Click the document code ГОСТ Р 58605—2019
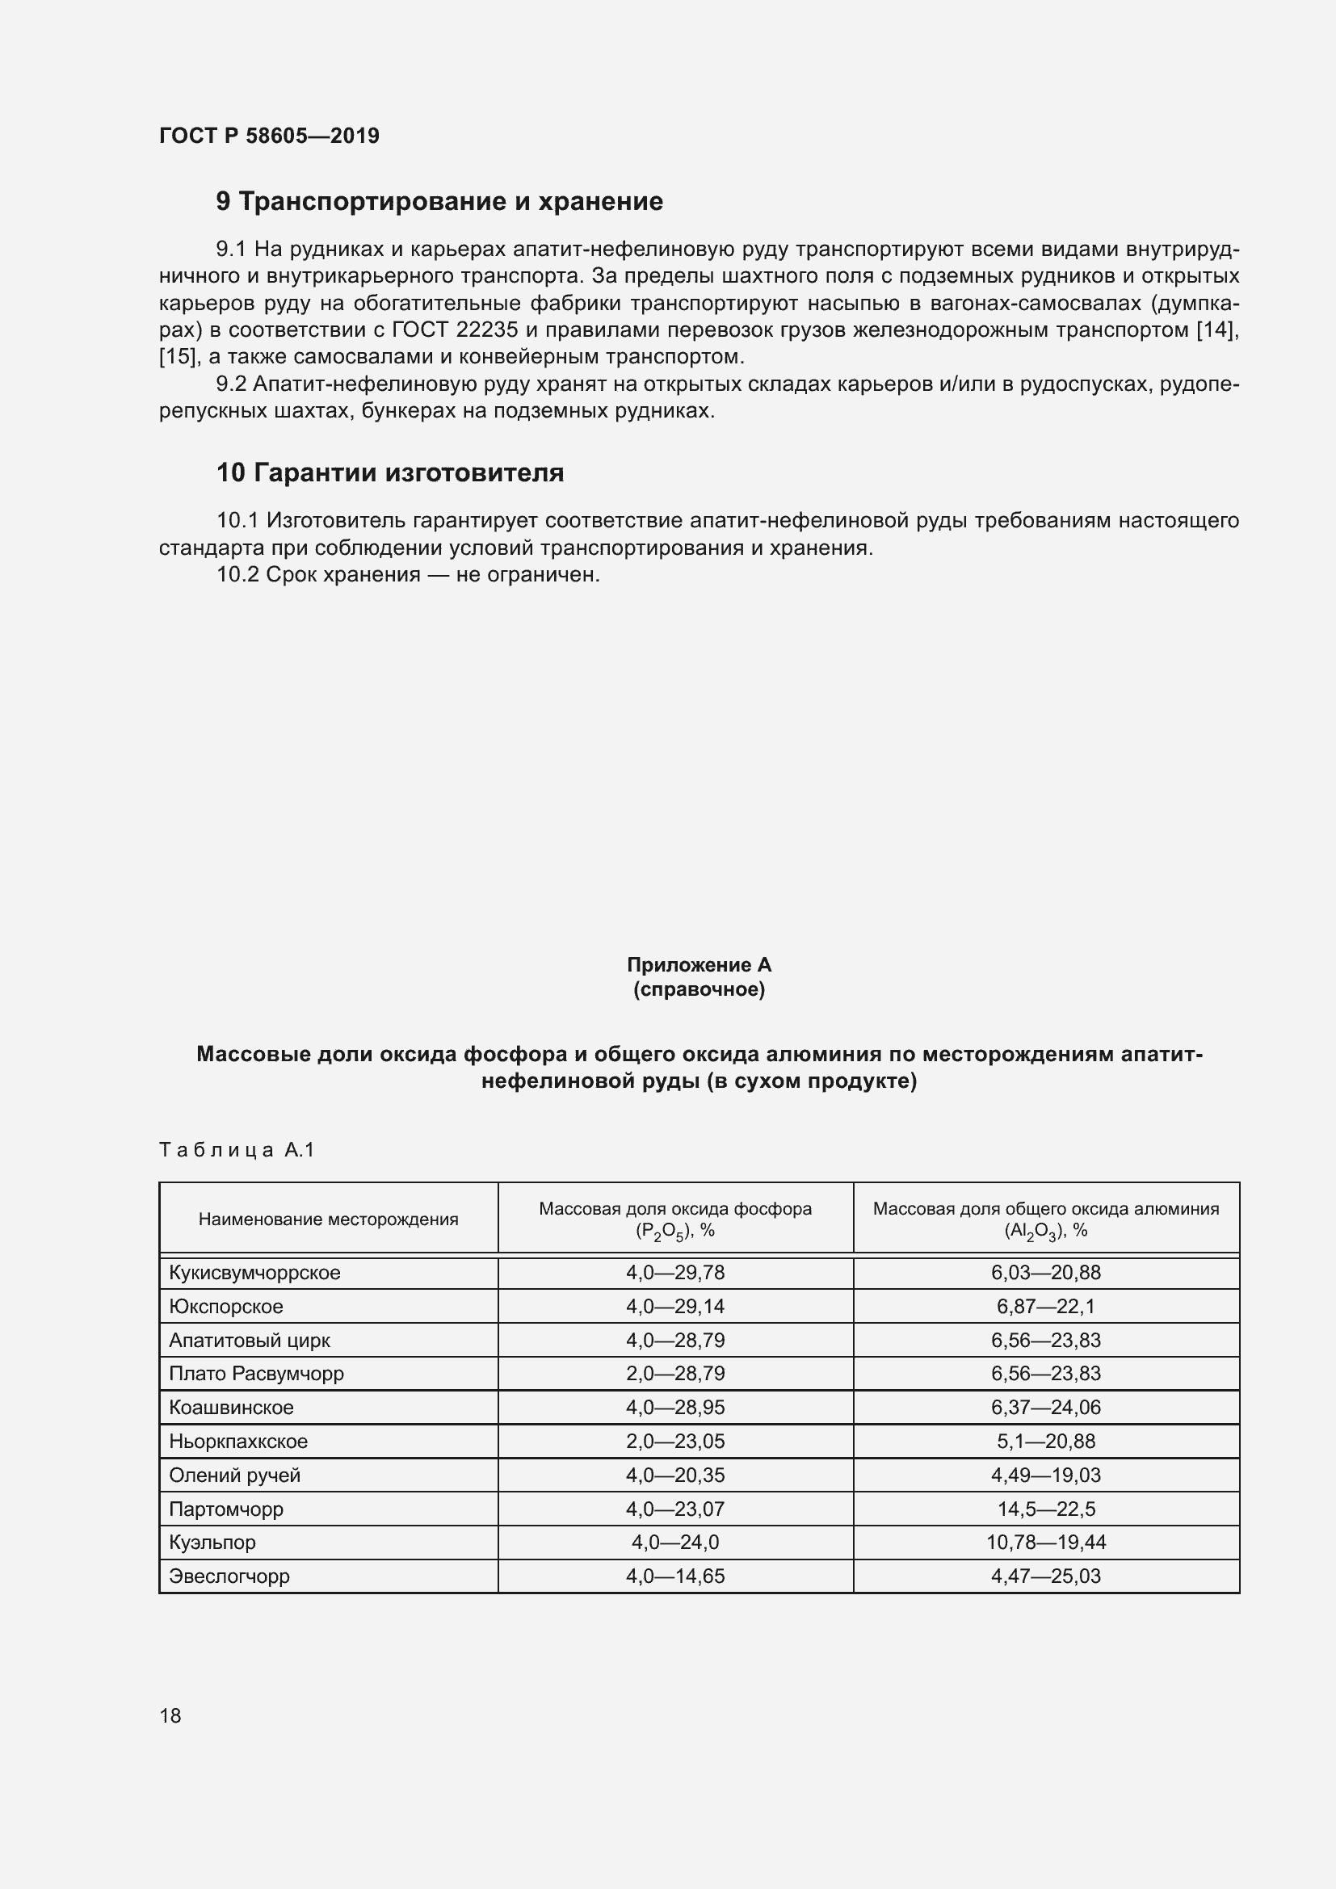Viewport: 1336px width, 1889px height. click(269, 136)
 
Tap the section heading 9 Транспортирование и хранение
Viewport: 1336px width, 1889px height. click(439, 202)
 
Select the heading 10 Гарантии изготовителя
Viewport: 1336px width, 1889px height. click(390, 473)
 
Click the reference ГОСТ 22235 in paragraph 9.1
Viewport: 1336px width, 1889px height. click(454, 331)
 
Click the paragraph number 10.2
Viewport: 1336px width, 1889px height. click(237, 575)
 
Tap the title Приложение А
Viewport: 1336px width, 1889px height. click(699, 964)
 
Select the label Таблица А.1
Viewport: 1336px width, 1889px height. click(237, 1149)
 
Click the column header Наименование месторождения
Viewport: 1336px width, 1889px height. click(328, 1219)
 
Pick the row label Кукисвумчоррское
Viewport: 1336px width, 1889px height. click(254, 1273)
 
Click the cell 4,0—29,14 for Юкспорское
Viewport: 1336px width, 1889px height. click(674, 1307)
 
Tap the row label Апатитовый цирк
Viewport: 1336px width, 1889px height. click(250, 1341)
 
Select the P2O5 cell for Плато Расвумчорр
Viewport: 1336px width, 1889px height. click(674, 1373)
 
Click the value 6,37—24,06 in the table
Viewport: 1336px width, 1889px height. click(1045, 1407)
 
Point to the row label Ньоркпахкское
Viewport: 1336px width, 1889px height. click(237, 1442)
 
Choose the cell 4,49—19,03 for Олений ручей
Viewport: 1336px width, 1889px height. click(1045, 1476)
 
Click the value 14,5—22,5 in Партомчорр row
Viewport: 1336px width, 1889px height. click(1045, 1509)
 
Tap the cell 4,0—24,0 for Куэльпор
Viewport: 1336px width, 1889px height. click(674, 1543)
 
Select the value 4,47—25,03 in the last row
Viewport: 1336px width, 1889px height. click(1045, 1576)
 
